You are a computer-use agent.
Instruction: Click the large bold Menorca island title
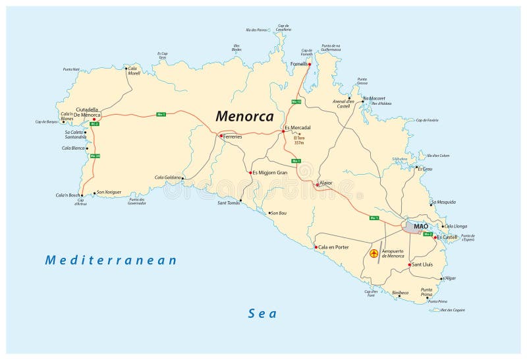coord(244,116)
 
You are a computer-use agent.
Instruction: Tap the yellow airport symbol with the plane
coord(374,253)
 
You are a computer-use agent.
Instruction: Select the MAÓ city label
coord(421,227)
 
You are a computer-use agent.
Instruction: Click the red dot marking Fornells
coord(309,65)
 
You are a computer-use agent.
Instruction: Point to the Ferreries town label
coord(233,136)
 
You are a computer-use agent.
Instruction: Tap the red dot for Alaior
coord(317,185)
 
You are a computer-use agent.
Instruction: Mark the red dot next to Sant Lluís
coord(410,265)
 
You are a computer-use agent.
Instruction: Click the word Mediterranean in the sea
coord(111,260)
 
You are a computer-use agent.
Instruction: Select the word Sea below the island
coord(262,314)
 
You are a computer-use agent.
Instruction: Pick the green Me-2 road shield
coord(428,234)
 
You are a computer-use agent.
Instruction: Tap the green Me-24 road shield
coord(95,156)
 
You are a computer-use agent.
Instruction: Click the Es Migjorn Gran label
coord(271,173)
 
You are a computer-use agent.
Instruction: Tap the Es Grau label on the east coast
coord(425,169)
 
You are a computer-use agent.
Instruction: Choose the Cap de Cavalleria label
coord(284,28)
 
